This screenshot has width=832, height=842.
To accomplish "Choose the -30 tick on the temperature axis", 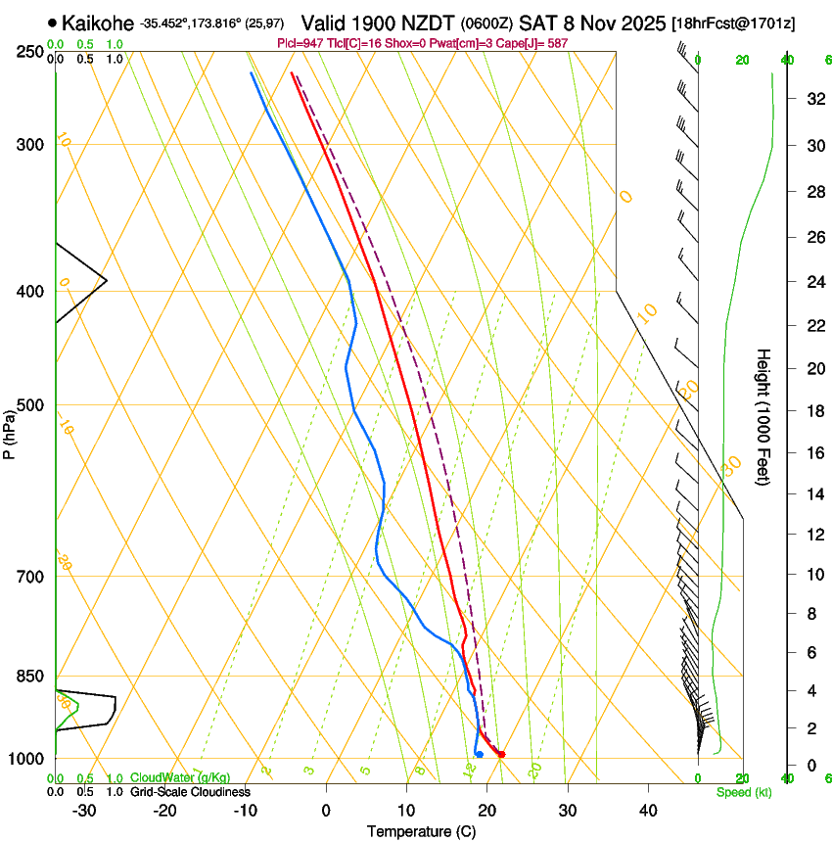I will pyautogui.click(x=84, y=811).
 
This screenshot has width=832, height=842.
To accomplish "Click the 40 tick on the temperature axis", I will pyautogui.click(x=648, y=811).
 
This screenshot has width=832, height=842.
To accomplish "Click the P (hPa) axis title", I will pyautogui.click(x=9, y=431).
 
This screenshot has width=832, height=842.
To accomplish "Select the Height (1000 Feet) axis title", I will pyautogui.click(x=764, y=417).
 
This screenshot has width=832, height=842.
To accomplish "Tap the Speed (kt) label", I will pyautogui.click(x=743, y=792).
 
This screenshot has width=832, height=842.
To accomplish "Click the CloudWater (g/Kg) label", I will pyautogui.click(x=181, y=778).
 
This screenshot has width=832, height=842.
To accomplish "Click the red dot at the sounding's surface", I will pyautogui.click(x=500, y=754).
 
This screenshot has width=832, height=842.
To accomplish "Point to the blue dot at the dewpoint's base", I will pyautogui.click(x=479, y=754).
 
